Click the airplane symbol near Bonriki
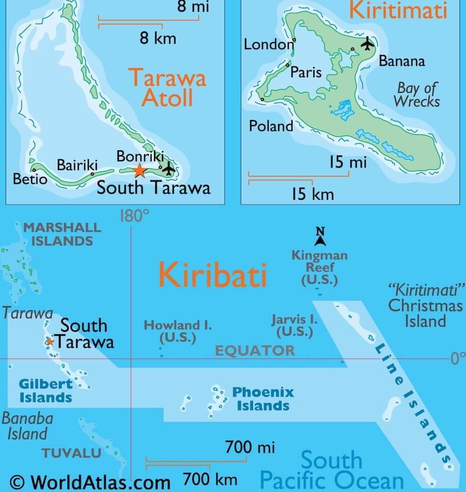tap(168, 168)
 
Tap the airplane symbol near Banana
tap(368, 43)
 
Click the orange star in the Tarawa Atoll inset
tap(139, 170)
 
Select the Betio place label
tap(30, 179)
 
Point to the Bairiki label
tap(77, 165)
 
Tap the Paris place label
tap(306, 72)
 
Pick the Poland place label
tap(271, 126)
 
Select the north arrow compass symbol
tap(320, 236)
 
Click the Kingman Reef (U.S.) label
tap(319, 268)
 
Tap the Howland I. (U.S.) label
tap(177, 331)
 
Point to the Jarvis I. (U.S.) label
tap(294, 326)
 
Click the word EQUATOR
tap(255, 351)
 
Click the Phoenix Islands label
tap(263, 398)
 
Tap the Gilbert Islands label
tap(46, 391)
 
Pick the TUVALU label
tap(71, 452)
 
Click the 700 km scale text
tap(209, 479)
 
